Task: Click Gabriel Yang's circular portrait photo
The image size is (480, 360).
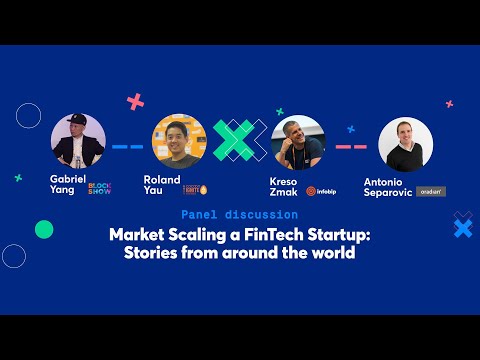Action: pyautogui.click(x=77, y=141)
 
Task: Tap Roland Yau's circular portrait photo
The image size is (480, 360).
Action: pyautogui.click(x=179, y=141)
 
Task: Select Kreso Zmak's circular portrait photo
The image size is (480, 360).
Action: pyautogui.click(x=298, y=142)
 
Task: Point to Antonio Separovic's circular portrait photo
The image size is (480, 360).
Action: pyautogui.click(x=405, y=145)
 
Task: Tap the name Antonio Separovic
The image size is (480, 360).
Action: pyautogui.click(x=387, y=187)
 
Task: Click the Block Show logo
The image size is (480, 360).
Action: pyautogui.click(x=100, y=187)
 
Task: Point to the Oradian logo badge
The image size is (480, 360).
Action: pyautogui.click(x=432, y=190)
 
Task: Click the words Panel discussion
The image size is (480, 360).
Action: pyautogui.click(x=239, y=214)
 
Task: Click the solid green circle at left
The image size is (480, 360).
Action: pyautogui.click(x=43, y=230)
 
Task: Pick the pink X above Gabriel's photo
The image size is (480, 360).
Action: pyautogui.click(x=136, y=101)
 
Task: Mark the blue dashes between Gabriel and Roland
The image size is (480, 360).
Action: pyautogui.click(x=128, y=146)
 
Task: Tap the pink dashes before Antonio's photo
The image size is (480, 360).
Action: pyautogui.click(x=352, y=146)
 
